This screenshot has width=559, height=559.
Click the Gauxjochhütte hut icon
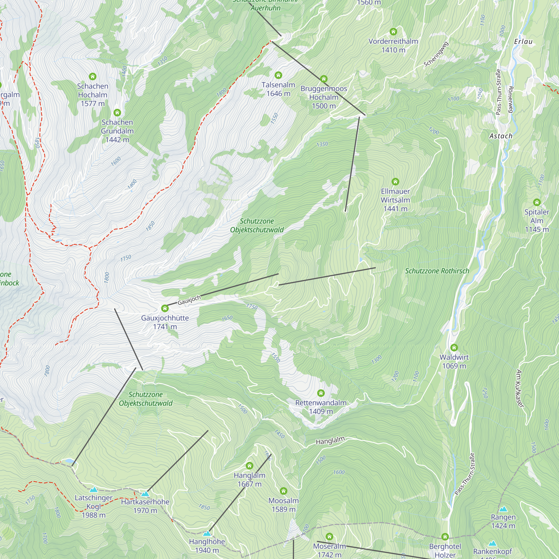[165, 308]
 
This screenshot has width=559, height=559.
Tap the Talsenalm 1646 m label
[278, 89]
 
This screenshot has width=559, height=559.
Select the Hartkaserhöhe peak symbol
[145, 494]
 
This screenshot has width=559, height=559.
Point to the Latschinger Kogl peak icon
[93, 490]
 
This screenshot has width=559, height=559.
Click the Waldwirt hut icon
[454, 347]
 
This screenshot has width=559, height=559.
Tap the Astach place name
[501, 136]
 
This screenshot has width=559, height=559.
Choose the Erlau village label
[523, 42]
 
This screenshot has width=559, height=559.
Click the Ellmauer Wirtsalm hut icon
[395, 182]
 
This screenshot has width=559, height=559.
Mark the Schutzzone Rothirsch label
[437, 271]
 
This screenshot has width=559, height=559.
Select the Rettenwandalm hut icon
[321, 393]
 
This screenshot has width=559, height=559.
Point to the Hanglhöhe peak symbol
[207, 533]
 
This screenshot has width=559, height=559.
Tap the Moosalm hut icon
[283, 491]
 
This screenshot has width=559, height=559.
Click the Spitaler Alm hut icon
[537, 202]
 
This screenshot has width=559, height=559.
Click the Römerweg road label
[511, 100]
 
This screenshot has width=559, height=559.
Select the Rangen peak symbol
[503, 509]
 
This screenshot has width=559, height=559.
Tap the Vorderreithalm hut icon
[393, 32]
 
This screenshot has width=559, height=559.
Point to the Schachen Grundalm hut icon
[117, 113]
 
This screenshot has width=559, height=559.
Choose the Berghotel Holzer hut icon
[445, 537]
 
